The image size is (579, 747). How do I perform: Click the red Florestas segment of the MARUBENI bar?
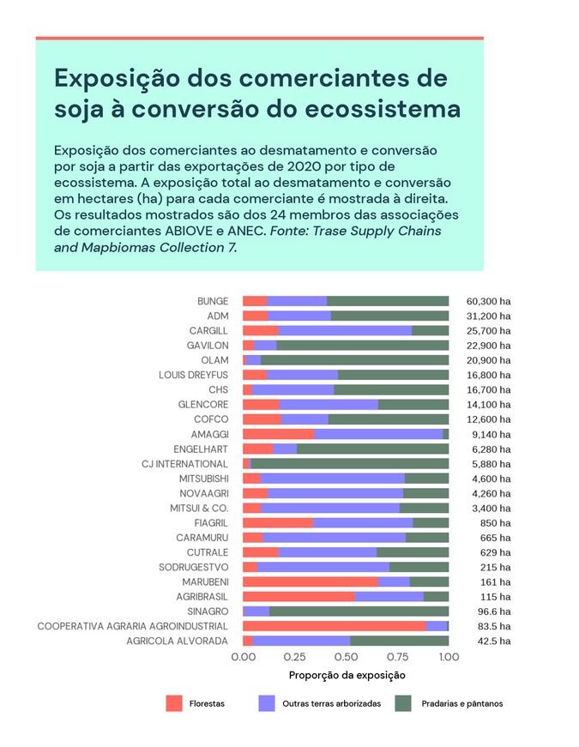click(x=310, y=581)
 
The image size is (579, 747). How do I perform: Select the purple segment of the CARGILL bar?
click(x=345, y=330)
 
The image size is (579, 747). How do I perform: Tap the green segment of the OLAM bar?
click(x=354, y=360)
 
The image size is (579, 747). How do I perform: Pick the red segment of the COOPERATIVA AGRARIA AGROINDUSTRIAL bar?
click(x=334, y=626)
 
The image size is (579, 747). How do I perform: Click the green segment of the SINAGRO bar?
click(x=359, y=611)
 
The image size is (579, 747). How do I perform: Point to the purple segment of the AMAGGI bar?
click(x=377, y=434)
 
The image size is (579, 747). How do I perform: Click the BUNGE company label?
click(x=213, y=301)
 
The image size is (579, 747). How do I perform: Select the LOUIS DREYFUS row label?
click(x=194, y=375)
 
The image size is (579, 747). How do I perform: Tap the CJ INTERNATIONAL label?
click(x=185, y=464)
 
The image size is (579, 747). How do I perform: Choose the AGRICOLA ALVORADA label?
click(x=178, y=641)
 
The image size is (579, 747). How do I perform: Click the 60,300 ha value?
click(x=488, y=301)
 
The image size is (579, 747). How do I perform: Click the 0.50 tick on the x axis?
click(x=346, y=656)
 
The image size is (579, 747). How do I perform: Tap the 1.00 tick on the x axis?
click(x=449, y=656)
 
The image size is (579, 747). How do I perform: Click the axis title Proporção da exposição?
click(x=347, y=675)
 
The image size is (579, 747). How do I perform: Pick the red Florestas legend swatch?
click(x=174, y=703)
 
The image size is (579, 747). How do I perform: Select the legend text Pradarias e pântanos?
click(x=461, y=703)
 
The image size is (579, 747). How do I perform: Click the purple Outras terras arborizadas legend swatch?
click(x=267, y=703)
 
